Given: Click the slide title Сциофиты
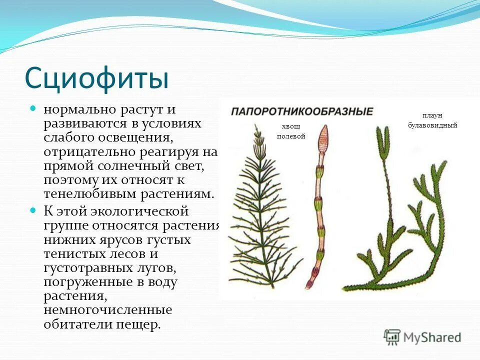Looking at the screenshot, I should coord(96,77).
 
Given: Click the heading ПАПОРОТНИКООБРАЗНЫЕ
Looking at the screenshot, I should coord(301,111).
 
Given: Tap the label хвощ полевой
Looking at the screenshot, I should coord(290,131).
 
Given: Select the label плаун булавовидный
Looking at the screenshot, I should coord(432,120).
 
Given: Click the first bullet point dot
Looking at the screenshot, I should coord(33,108).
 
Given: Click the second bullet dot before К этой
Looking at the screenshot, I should coord(33,209).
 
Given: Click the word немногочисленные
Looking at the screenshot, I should coord(107,310).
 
